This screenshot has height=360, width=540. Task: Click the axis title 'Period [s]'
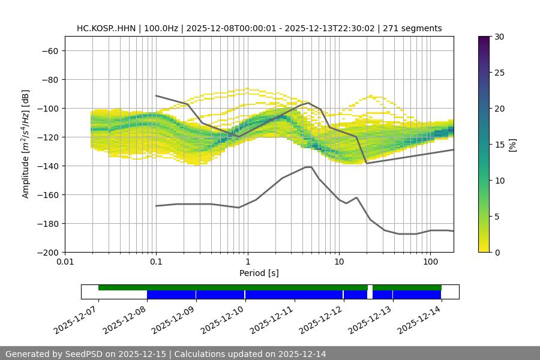[259, 273]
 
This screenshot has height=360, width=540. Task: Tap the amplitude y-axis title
[25, 144]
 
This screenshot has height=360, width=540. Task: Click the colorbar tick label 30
[499, 37]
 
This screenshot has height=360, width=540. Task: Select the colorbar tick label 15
[499, 145]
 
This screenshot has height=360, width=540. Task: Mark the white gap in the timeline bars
[370, 292]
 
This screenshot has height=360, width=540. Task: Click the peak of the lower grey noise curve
[308, 167]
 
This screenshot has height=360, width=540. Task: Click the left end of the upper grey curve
[156, 95]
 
